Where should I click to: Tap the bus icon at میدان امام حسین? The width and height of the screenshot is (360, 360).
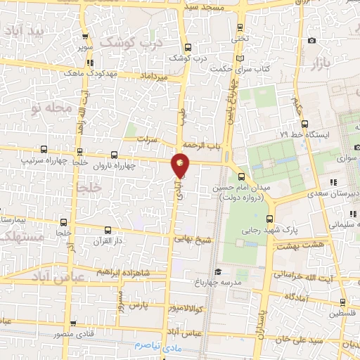pyautogui.click(x=242, y=177)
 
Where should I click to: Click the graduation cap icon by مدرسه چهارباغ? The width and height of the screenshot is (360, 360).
pyautogui.click(x=218, y=271)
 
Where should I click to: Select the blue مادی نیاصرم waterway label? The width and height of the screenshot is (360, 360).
pyautogui.click(x=157, y=348)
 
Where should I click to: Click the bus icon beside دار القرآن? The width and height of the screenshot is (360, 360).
pyautogui.click(x=107, y=231)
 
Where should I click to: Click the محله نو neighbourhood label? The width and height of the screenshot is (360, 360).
pyautogui.click(x=50, y=108)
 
